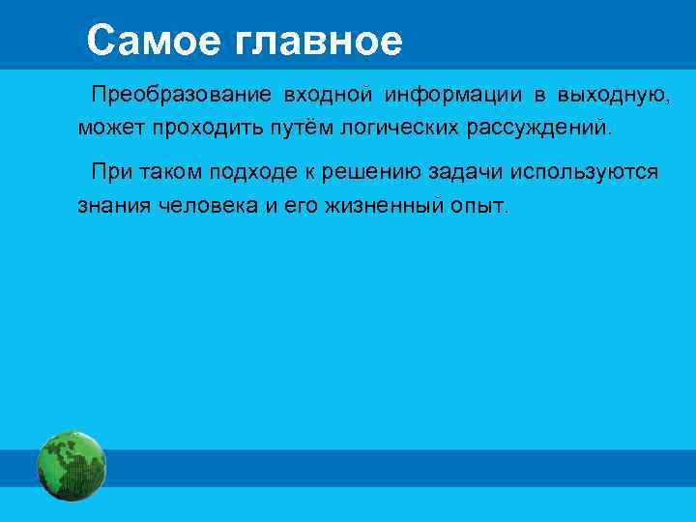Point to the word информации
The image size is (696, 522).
tap(450, 97)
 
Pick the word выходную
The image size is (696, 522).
tap(606, 97)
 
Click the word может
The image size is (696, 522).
tap(109, 127)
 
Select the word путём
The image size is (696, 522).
tap(289, 127)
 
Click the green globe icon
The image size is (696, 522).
tap(72, 466)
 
